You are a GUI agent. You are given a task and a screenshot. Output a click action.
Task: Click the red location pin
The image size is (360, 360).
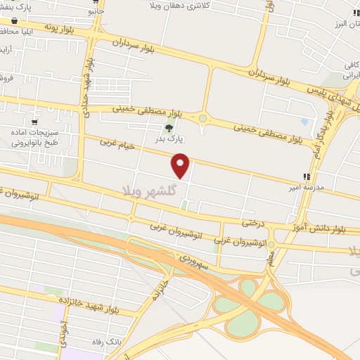[181, 165]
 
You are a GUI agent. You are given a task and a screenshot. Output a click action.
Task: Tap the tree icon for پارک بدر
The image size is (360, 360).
[169, 128]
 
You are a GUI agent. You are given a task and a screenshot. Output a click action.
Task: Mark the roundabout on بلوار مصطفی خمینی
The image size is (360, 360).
[203, 119]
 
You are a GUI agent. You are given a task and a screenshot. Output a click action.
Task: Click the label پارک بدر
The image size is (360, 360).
[169, 139]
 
